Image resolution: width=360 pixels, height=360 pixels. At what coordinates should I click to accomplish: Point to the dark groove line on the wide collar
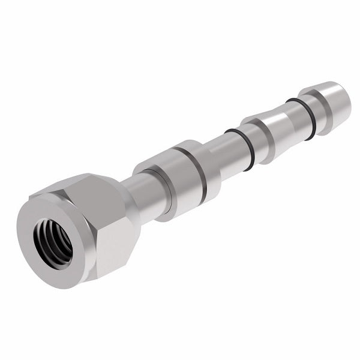pyautogui.click(x=200, y=173)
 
